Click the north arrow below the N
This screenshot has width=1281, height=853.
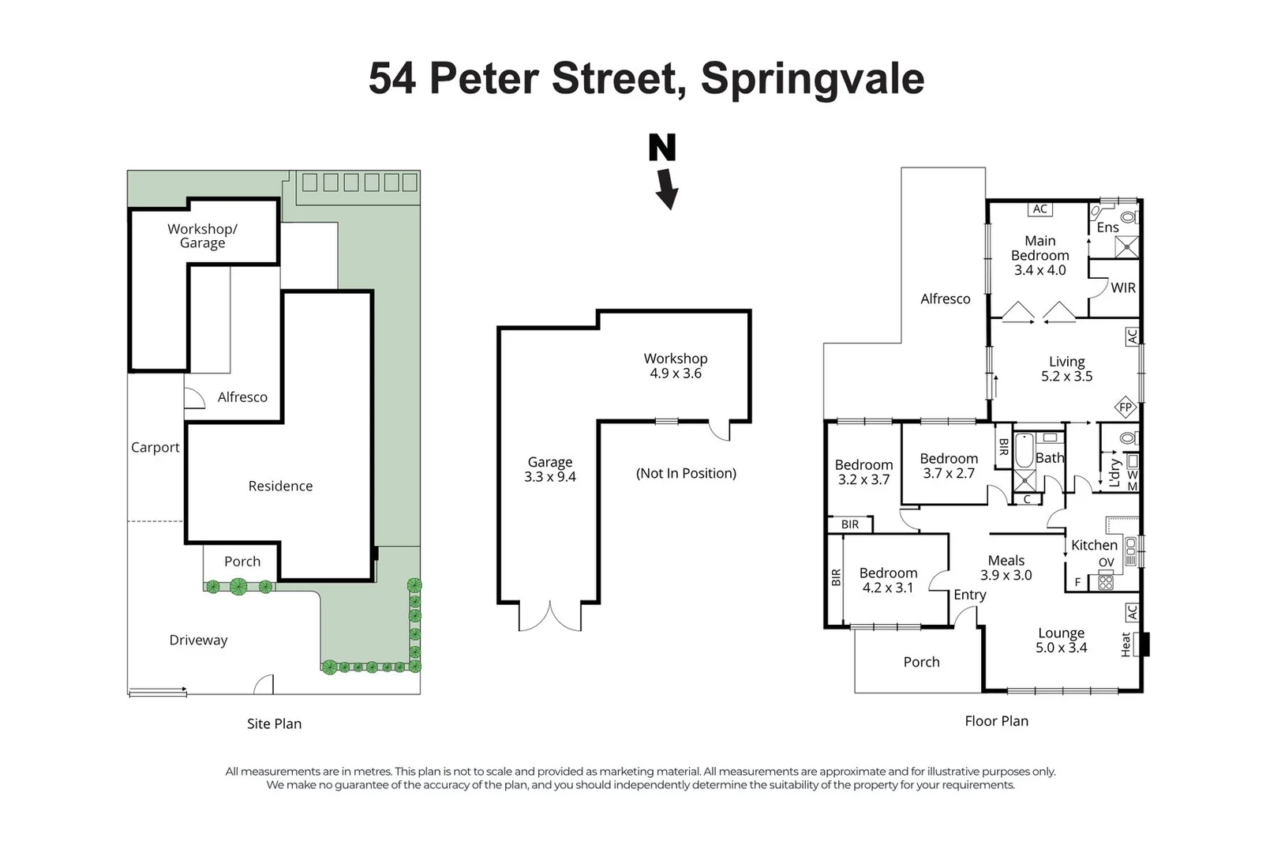click(x=667, y=190)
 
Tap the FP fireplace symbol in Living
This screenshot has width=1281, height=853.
click(x=1125, y=408)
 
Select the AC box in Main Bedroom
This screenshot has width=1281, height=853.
click(x=1039, y=209)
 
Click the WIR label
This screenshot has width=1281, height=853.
click(x=1123, y=287)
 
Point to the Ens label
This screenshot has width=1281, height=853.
click(x=1107, y=227)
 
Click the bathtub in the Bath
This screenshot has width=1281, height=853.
click(x=1023, y=451)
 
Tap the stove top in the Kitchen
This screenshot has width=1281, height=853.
click(x=1106, y=582)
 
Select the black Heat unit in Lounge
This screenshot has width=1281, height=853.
click(x=1144, y=644)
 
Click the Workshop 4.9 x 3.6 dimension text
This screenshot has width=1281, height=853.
click(x=676, y=374)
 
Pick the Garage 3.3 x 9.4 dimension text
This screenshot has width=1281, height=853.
click(x=549, y=477)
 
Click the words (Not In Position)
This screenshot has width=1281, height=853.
click(x=686, y=473)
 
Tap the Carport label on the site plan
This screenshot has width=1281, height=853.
click(x=155, y=447)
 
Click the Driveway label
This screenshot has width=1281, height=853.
click(x=198, y=640)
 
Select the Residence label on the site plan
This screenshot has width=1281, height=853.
click(x=280, y=486)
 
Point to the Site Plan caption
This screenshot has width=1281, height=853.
click(x=274, y=723)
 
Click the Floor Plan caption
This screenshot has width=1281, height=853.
click(x=996, y=721)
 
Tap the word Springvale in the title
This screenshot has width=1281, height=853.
click(x=812, y=79)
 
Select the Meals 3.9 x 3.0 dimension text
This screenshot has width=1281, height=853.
click(x=1006, y=575)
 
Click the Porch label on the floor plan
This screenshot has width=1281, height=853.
click(x=921, y=662)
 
